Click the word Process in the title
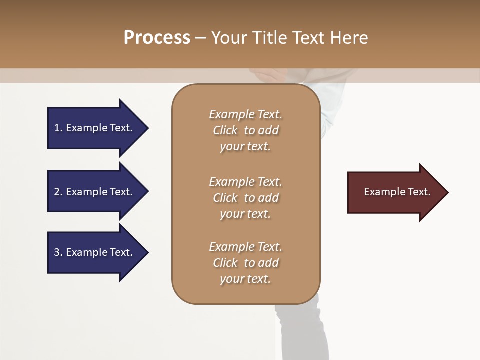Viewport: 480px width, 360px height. pos(157,37)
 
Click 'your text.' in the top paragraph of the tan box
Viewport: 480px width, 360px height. pos(245,146)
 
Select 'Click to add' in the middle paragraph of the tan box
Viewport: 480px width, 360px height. pos(245,198)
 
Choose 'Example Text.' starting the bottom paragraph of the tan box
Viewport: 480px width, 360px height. pos(245,247)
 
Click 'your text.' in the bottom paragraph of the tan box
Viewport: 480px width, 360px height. pos(245,279)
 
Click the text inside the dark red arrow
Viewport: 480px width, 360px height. pos(397,192)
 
